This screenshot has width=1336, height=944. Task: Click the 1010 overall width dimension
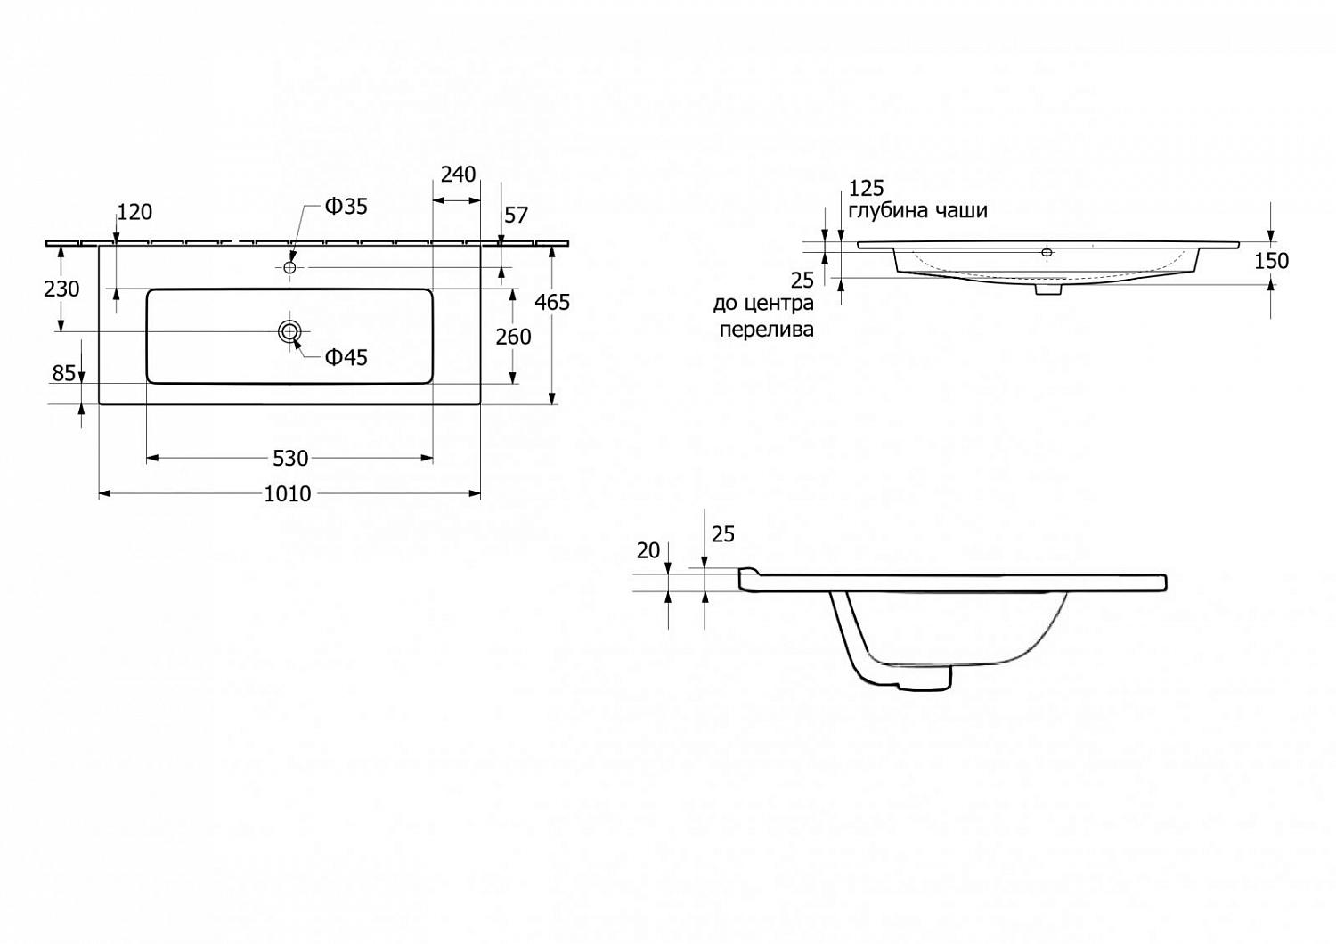coord(288,493)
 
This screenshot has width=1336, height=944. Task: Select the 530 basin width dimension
coord(290,458)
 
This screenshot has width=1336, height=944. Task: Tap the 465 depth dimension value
coord(552,302)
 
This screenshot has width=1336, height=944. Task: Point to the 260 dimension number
coord(513,337)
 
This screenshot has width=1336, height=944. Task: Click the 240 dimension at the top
coord(458,175)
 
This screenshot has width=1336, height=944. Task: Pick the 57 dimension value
coord(516,215)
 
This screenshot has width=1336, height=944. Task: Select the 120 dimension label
coord(134,212)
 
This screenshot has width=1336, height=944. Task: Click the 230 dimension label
coord(61,289)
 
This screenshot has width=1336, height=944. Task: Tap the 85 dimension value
coord(64,373)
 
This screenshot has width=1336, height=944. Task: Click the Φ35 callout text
coord(346,207)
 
